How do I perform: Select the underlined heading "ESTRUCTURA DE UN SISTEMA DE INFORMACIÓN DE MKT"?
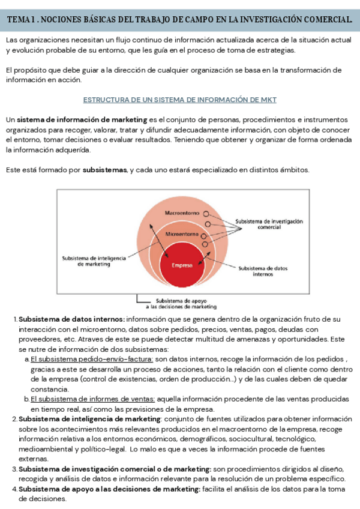[x=179, y=99]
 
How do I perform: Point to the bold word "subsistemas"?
[x=104, y=170]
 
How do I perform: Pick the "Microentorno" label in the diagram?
[x=181, y=234]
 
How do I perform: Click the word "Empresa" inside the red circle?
[x=182, y=265]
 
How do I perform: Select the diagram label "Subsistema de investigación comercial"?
[x=269, y=224]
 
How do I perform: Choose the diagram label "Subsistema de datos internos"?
[x=263, y=271]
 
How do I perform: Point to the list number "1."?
[x=15, y=319]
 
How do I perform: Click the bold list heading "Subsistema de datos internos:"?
[x=71, y=319]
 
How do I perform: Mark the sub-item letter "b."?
[x=26, y=399]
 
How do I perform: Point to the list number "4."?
[x=15, y=489]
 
